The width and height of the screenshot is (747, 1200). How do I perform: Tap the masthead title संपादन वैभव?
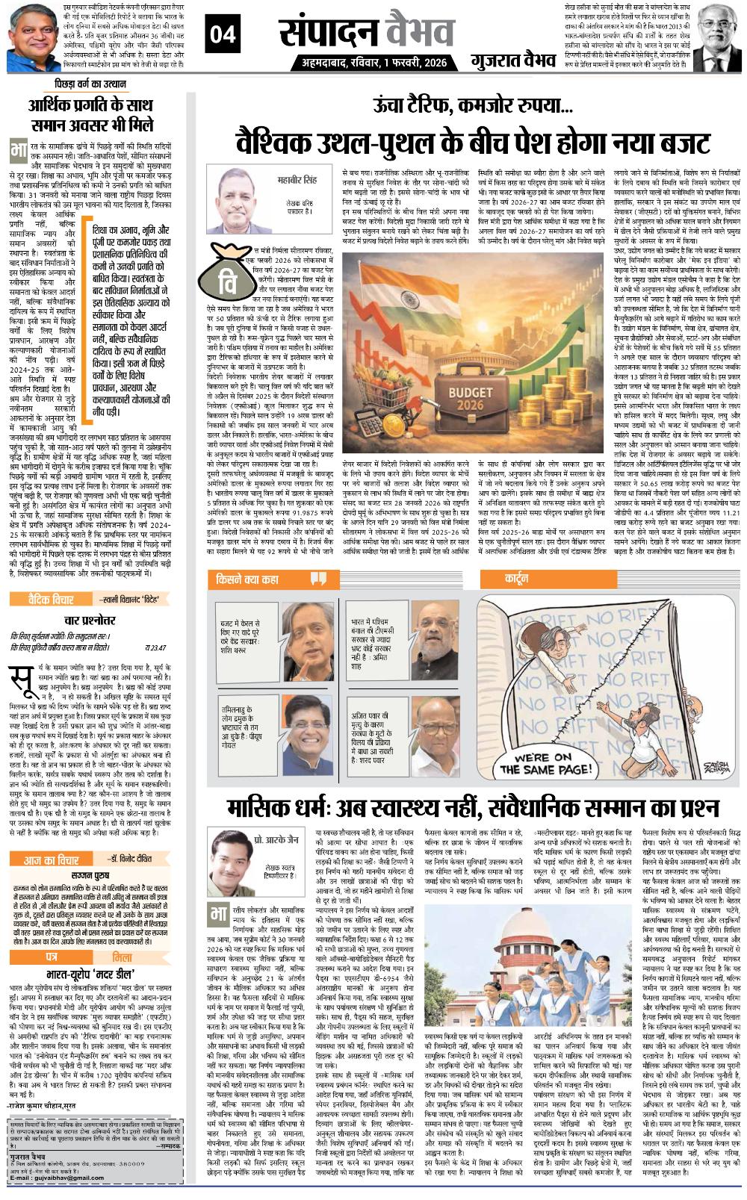(x=366, y=31)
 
